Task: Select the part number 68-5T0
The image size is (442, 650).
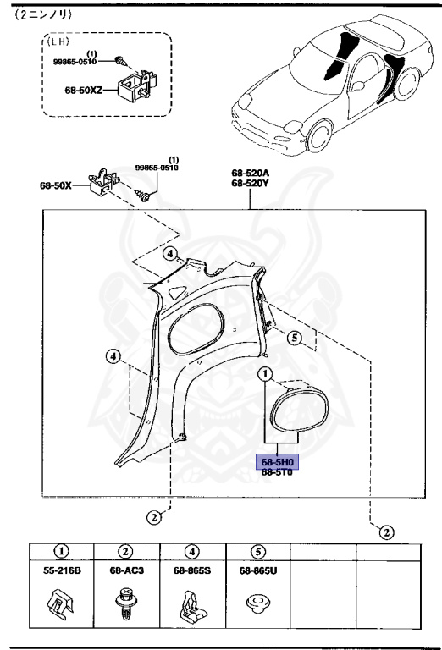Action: pyautogui.click(x=277, y=473)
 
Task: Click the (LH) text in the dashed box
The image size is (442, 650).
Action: pyautogui.click(x=58, y=41)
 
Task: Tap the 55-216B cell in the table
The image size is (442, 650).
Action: pyautogui.click(x=63, y=571)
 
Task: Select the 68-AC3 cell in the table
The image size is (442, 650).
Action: pyautogui.click(x=126, y=571)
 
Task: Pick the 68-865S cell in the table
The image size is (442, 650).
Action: pyautogui.click(x=191, y=571)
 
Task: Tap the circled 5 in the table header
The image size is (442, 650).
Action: pyautogui.click(x=257, y=551)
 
